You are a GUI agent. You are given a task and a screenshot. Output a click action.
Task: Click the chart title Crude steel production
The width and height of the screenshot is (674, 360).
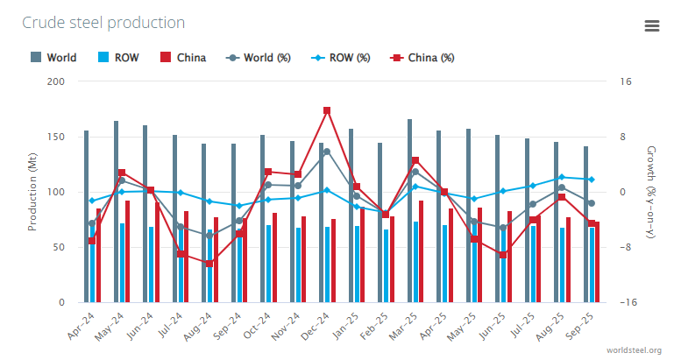click(103, 23)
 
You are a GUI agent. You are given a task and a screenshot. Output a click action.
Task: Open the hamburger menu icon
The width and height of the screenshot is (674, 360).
click(651, 25)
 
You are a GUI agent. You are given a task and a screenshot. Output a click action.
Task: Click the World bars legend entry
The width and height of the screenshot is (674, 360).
click(53, 58)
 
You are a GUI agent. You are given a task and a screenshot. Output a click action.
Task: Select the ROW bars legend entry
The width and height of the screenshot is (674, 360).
click(117, 58)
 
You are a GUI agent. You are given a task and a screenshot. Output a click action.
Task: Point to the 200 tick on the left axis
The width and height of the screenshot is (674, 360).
click(55, 81)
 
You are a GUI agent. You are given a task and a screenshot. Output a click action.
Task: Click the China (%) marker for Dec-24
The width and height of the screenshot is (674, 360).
click(327, 110)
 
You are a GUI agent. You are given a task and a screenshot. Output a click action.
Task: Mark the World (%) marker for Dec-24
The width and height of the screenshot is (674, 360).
click(327, 152)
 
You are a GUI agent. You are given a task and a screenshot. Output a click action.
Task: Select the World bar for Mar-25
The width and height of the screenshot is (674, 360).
click(409, 210)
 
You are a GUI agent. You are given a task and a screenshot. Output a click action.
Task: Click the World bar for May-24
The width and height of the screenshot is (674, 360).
click(116, 211)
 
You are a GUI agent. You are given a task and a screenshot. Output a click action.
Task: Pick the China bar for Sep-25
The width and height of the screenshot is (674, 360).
click(598, 263)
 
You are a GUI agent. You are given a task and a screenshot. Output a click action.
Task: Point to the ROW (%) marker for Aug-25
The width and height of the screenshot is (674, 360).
click(562, 177)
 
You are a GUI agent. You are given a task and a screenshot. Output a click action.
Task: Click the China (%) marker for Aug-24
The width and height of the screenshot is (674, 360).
click(209, 263)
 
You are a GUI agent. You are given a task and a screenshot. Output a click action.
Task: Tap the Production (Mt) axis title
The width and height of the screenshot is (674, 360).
click(32, 192)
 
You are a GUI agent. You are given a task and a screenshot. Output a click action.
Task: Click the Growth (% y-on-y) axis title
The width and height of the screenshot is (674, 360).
click(649, 192)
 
